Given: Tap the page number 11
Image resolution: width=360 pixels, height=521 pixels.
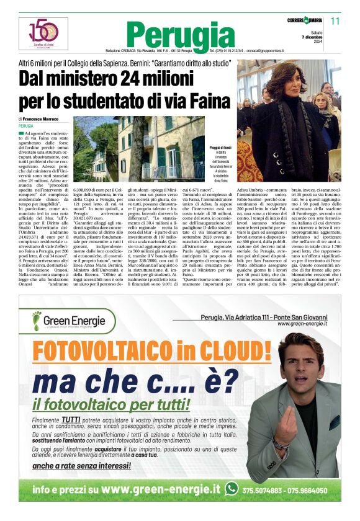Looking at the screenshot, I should click(x=335, y=21).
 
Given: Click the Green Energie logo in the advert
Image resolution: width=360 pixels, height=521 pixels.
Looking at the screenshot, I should click(x=68, y=321).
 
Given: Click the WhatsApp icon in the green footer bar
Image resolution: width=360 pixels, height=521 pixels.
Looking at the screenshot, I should click(x=231, y=489).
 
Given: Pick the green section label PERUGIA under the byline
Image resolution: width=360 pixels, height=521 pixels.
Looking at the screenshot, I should click(x=26, y=126).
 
